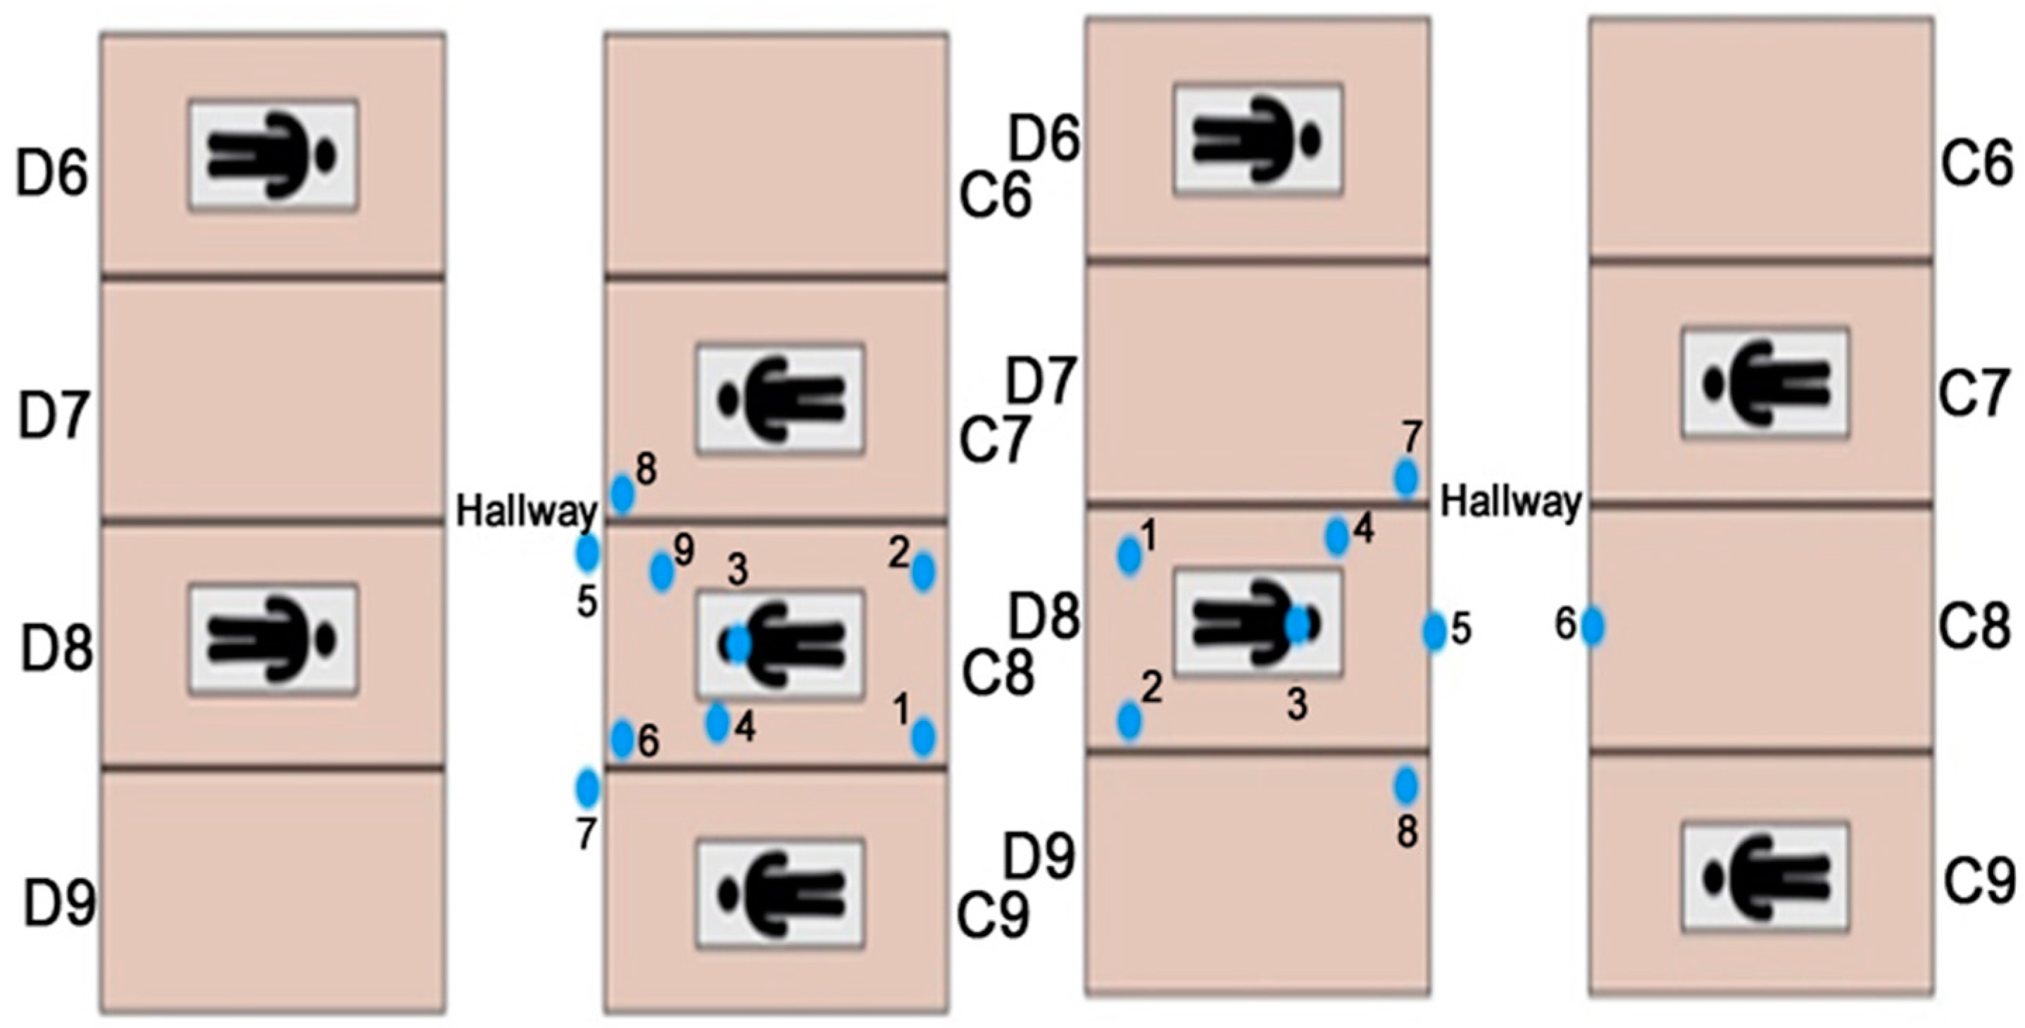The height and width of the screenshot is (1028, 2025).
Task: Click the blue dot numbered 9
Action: [x=662, y=570]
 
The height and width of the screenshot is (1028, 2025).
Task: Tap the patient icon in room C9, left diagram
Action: [x=781, y=894]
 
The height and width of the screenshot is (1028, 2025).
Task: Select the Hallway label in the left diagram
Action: [x=526, y=513]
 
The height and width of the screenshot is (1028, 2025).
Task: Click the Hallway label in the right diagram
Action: [x=1510, y=501]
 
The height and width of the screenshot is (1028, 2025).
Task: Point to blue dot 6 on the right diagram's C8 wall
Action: [x=1592, y=627]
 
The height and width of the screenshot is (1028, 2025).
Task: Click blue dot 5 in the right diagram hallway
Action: [x=1434, y=630]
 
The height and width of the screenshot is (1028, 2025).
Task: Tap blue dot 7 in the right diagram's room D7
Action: [x=1406, y=477]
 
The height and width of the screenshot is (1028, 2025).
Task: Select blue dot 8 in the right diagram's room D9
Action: [x=1406, y=785]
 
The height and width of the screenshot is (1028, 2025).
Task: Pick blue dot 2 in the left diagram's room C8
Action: [x=923, y=571]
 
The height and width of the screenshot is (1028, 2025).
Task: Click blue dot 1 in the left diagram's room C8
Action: [x=923, y=737]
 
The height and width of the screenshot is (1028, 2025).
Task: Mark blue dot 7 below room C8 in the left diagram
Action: [x=587, y=789]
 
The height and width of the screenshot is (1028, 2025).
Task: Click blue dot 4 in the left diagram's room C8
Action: [x=717, y=723]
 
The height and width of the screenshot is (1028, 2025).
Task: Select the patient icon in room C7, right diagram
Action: [x=1764, y=384]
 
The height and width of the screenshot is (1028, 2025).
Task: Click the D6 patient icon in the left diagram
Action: [x=272, y=155]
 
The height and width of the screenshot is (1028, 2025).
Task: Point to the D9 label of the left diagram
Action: [x=59, y=904]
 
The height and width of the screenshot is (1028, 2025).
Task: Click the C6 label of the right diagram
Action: [x=1976, y=163]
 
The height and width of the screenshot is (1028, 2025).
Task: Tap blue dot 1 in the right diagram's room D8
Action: [x=1129, y=556]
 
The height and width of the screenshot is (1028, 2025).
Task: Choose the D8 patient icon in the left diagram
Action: [x=272, y=639]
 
